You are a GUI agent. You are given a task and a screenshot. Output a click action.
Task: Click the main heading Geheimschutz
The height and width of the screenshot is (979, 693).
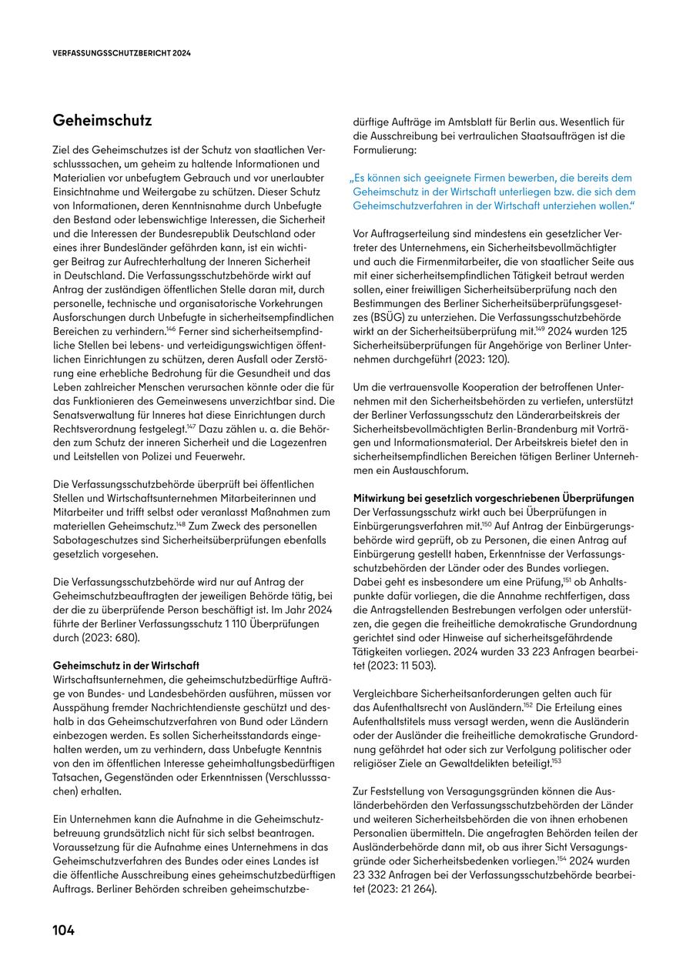pyautogui.click(x=102, y=121)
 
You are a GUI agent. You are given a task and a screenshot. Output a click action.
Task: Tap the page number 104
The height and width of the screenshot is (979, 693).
pyautogui.click(x=63, y=931)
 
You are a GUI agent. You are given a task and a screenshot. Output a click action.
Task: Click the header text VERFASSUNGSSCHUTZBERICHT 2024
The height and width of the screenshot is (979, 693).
pyautogui.click(x=122, y=54)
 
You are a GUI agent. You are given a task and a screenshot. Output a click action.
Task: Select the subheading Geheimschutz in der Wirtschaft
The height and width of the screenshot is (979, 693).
pyautogui.click(x=126, y=665)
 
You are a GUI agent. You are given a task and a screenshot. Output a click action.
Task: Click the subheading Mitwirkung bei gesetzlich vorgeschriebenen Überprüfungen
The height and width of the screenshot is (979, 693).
pyautogui.click(x=494, y=498)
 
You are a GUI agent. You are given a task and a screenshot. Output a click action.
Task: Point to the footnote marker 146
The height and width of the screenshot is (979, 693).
pyautogui.click(x=171, y=326)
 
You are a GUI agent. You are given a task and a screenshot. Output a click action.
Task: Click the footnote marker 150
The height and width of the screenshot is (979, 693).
pyautogui.click(x=487, y=523)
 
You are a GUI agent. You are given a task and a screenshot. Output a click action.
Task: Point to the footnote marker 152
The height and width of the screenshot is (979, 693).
pyautogui.click(x=529, y=705)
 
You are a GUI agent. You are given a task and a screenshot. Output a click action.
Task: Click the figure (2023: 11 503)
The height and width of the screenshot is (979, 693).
pyautogui.click(x=401, y=666)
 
